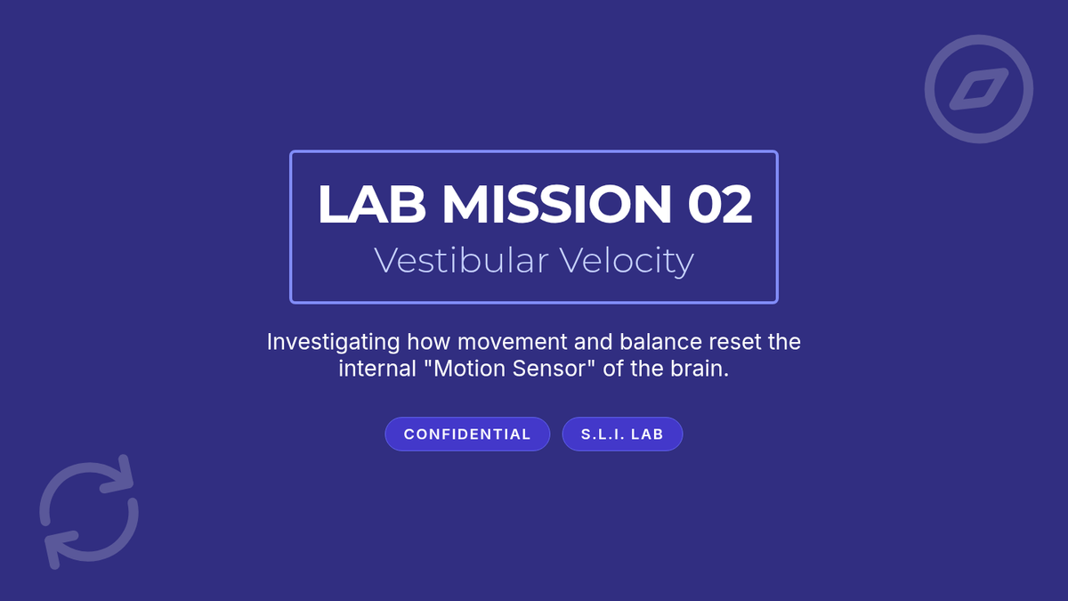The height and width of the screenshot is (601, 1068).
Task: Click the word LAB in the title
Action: tap(372, 204)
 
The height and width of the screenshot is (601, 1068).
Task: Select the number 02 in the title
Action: tap(719, 204)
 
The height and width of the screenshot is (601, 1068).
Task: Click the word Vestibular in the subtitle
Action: tap(461, 260)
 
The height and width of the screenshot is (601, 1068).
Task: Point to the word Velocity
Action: tap(627, 262)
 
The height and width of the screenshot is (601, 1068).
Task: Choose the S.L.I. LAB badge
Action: tap(622, 435)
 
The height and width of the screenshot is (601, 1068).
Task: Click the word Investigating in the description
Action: tap(333, 343)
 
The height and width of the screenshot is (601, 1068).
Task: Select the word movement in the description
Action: tap(513, 342)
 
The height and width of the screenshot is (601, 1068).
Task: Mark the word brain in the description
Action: tap(700, 369)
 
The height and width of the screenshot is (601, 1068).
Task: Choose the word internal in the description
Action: tap(377, 369)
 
